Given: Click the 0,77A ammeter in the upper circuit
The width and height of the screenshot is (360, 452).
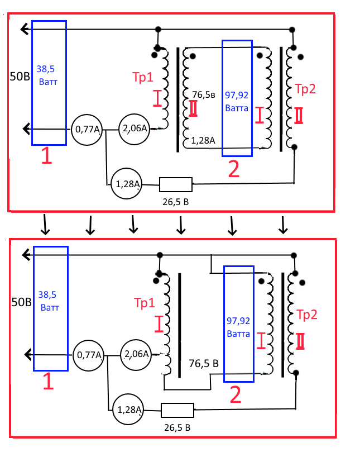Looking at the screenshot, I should [x=87, y=130].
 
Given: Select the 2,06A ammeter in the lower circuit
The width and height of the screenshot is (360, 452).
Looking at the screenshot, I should [x=136, y=354].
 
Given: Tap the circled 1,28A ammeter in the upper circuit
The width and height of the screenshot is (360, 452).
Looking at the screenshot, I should [x=127, y=183].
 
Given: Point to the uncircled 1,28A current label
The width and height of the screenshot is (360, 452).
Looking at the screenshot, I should [x=203, y=140].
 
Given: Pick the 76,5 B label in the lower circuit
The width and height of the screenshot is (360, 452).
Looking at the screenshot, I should [x=203, y=363].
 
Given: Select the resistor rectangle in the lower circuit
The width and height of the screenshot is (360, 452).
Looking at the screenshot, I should [x=177, y=411].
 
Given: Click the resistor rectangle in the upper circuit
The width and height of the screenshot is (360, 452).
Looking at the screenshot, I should [x=176, y=184].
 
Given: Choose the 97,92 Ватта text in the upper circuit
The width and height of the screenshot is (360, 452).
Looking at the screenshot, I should [x=237, y=100].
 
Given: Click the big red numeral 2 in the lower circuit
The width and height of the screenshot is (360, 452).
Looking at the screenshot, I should [x=236, y=395].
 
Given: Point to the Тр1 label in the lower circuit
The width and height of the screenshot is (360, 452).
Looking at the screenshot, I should [x=144, y=303].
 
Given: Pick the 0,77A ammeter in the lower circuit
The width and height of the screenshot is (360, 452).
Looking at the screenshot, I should [x=88, y=354].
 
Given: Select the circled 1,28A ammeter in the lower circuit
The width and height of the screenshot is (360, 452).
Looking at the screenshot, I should [x=128, y=410].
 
